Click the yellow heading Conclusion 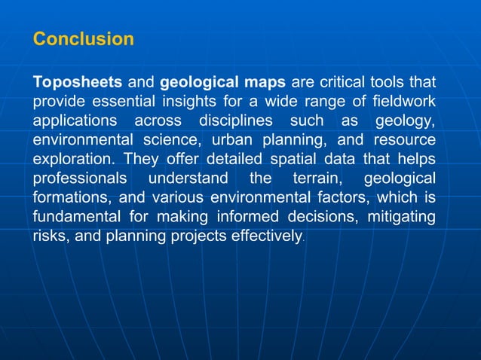click(x=84, y=39)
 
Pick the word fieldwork click(x=403, y=101)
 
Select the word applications click(x=75, y=121)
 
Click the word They click(x=141, y=160)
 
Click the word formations click(x=71, y=199)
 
